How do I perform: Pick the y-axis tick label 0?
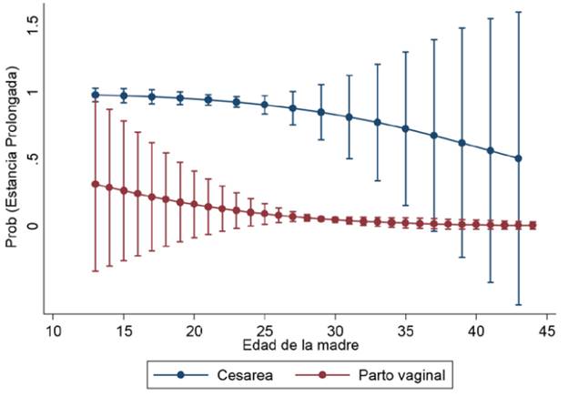[x=33, y=225]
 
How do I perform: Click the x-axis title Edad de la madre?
[x=300, y=346]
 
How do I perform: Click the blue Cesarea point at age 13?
[x=95, y=95]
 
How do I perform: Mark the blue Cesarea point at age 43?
[x=520, y=158]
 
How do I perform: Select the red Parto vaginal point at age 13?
[x=95, y=184]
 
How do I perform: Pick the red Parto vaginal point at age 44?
[x=533, y=225]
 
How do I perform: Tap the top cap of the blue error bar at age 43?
[x=520, y=12]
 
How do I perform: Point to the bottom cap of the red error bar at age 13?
[x=95, y=271]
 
